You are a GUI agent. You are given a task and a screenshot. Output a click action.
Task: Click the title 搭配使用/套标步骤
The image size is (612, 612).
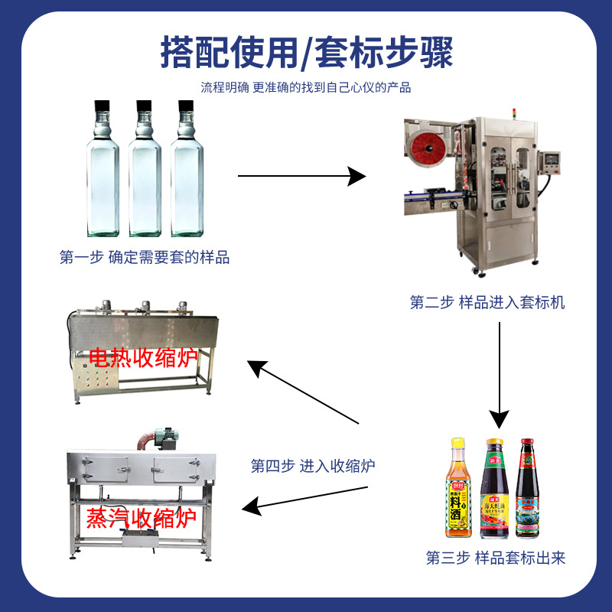click(306, 52)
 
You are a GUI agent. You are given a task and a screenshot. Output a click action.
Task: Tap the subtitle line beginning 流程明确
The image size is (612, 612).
click(306, 87)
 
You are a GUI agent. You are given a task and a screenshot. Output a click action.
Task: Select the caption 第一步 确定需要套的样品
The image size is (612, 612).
click(145, 258)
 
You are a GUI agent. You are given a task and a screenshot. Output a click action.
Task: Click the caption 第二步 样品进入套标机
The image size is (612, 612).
click(487, 302)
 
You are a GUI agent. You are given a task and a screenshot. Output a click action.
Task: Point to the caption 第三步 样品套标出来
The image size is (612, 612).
click(496, 558)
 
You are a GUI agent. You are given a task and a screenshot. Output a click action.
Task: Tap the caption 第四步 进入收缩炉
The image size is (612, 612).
click(313, 465)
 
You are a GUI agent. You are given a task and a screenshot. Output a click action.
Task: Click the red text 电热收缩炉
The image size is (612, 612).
click(143, 357)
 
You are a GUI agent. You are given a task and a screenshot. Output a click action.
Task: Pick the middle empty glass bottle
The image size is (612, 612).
click(145, 172)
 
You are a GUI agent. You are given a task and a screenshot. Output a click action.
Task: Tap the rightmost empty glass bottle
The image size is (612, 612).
click(187, 172)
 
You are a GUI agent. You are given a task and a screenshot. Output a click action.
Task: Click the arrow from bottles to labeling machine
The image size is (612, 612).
click(301, 177)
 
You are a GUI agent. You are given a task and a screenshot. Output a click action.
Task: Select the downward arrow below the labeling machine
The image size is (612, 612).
click(499, 375)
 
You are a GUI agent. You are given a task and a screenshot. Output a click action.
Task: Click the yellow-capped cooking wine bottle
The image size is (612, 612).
click(459, 490)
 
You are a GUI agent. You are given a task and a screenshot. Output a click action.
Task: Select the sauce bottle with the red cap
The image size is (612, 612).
click(525, 490)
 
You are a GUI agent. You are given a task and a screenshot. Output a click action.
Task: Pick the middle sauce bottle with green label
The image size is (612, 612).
click(493, 490)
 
